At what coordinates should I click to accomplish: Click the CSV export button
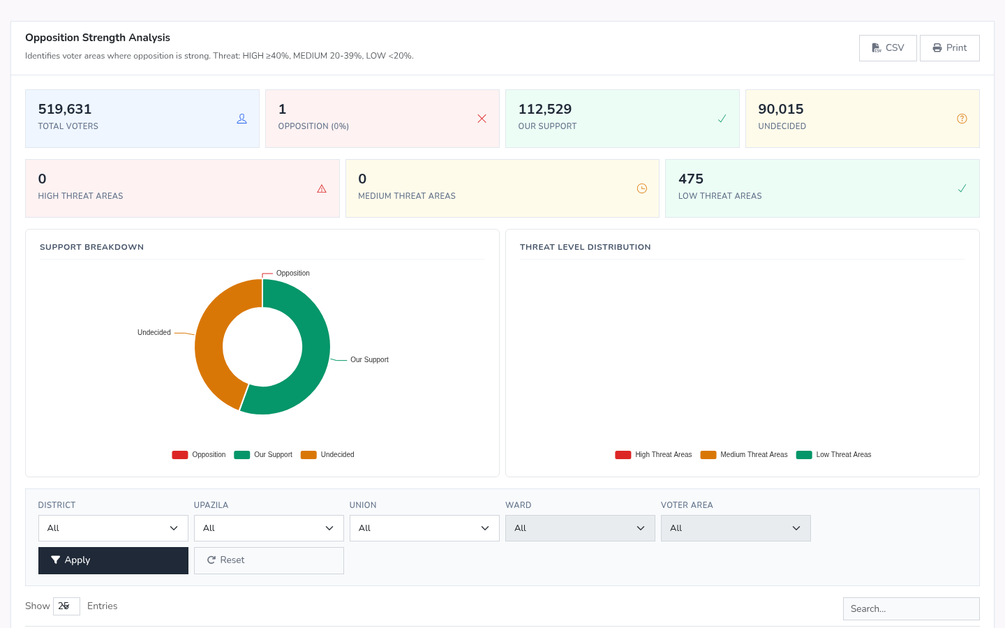click(888, 48)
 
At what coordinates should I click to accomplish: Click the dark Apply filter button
click(113, 560)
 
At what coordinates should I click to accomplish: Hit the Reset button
click(269, 560)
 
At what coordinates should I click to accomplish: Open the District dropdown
click(113, 528)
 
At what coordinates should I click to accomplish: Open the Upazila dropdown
click(269, 528)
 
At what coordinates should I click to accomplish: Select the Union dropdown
click(424, 528)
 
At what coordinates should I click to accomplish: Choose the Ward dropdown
click(580, 528)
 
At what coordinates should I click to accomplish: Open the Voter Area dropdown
click(736, 528)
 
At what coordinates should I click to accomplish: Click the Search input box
click(911, 608)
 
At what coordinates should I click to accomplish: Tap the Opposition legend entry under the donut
click(199, 454)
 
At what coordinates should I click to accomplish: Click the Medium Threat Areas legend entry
click(744, 454)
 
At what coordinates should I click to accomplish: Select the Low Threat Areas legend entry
click(833, 454)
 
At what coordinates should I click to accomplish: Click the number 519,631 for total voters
click(65, 109)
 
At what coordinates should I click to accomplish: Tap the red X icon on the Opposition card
click(482, 119)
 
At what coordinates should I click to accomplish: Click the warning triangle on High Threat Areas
click(322, 188)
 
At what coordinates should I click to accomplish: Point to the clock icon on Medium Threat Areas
click(642, 188)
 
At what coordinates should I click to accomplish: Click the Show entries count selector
click(66, 606)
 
